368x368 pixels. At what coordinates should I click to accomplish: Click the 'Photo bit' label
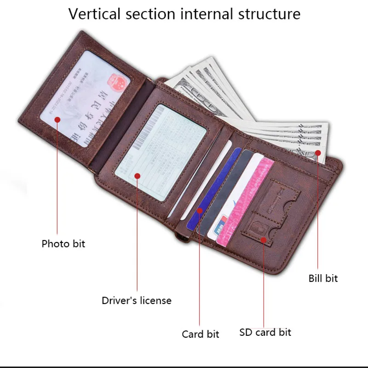tap(63, 243)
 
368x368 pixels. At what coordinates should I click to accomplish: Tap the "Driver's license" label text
tap(137, 301)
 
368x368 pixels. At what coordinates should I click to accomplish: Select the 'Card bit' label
tap(201, 334)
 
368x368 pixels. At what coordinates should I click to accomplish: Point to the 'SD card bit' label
tap(265, 332)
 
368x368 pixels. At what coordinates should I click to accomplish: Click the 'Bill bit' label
tap(323, 278)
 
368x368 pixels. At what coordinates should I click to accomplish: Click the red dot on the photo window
tap(57, 120)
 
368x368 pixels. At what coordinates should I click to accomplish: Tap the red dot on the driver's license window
tap(137, 175)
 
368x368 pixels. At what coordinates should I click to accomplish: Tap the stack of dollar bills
tap(258, 110)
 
